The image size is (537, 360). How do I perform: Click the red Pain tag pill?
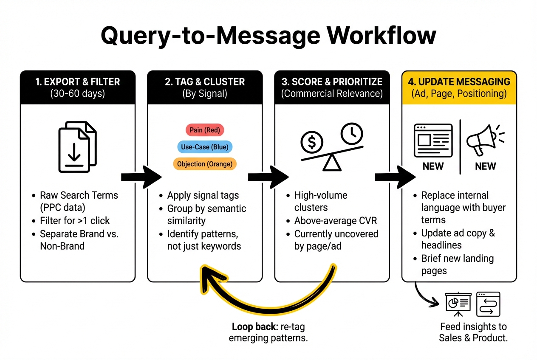pyautogui.click(x=205, y=130)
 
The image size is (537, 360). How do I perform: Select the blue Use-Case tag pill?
pyautogui.click(x=205, y=147)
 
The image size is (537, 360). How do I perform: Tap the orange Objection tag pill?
pyautogui.click(x=205, y=164)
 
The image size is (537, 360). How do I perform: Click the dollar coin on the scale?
pyautogui.click(x=312, y=143)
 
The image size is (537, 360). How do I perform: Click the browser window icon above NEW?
pyautogui.click(x=433, y=140)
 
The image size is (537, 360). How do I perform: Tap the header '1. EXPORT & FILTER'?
pyautogui.click(x=77, y=82)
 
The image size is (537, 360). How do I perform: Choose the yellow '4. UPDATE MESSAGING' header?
pyautogui.click(x=459, y=82)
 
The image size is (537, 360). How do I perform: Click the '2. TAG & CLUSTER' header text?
pyautogui.click(x=205, y=82)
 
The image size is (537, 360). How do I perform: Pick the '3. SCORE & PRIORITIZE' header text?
pyautogui.click(x=332, y=82)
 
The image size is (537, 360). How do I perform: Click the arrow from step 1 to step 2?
pyautogui.click(x=141, y=177)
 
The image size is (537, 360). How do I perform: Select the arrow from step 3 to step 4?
pyautogui.click(x=395, y=177)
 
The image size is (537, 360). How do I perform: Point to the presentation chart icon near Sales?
pyautogui.click(x=458, y=302)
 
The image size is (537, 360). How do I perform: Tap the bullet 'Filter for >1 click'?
pyautogui.click(x=74, y=221)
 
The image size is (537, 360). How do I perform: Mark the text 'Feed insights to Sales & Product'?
pyautogui.click(x=473, y=332)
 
